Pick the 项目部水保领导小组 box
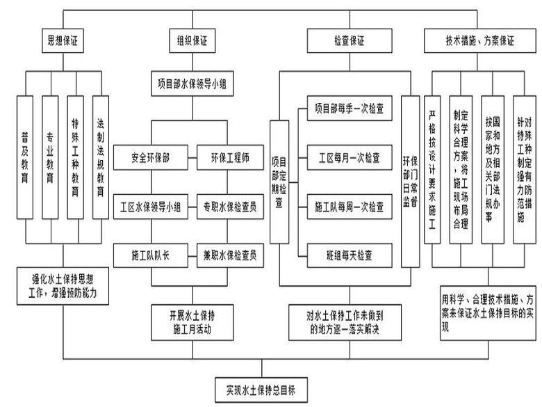192,85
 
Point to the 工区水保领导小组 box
151,206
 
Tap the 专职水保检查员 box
230,206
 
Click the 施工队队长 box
151,255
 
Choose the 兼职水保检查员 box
230,255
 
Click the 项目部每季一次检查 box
349,109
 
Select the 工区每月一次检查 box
349,157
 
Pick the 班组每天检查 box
349,255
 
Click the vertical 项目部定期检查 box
279,181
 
